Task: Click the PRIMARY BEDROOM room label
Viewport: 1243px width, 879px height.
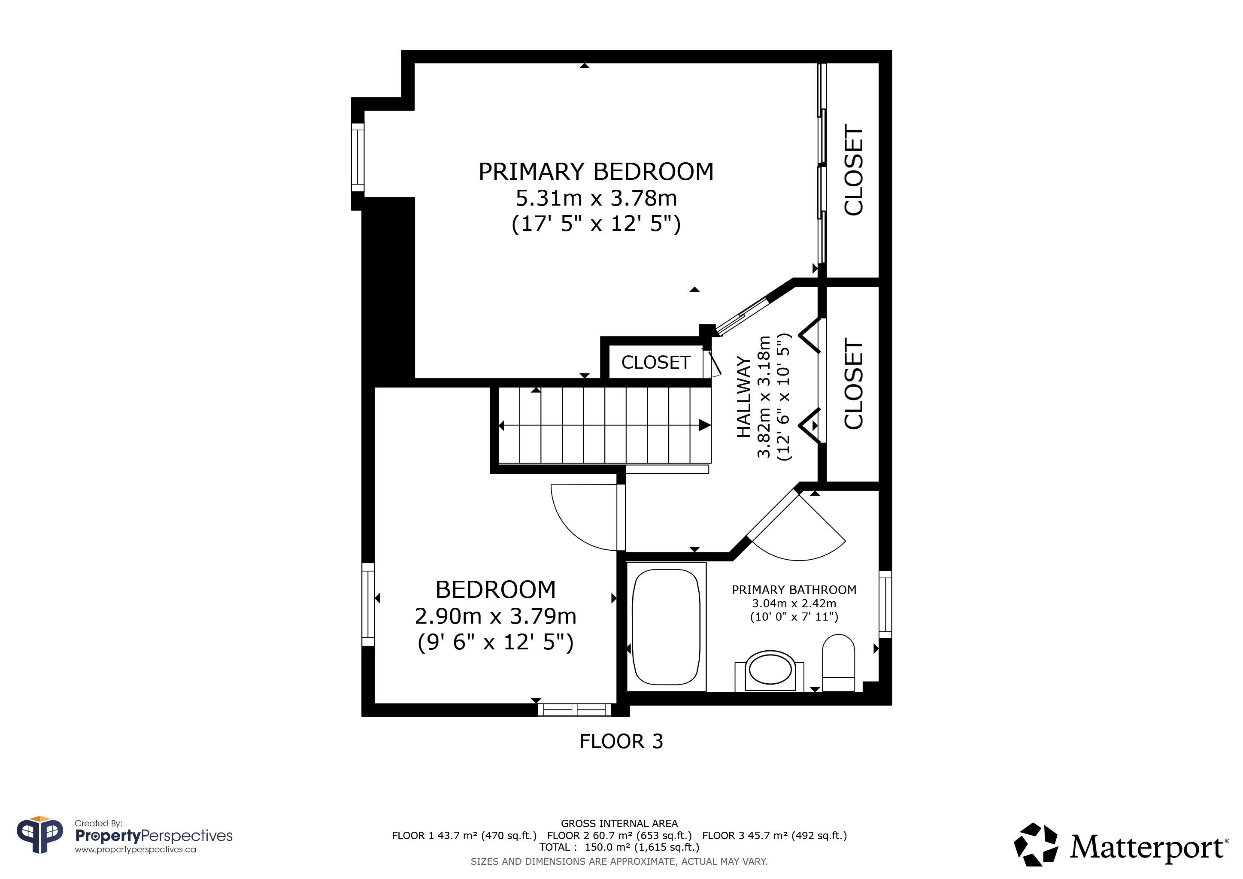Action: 596,172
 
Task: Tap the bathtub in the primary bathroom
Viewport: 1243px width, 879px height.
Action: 667,627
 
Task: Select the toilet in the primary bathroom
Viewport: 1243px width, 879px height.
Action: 839,663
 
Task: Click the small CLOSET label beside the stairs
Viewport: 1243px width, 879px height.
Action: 655,362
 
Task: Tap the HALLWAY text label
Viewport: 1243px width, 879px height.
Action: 744,398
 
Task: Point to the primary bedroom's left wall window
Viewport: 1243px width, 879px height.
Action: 358,157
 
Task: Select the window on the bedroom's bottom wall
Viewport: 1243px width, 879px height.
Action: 574,709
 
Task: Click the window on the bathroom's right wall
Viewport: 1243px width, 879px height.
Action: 885,604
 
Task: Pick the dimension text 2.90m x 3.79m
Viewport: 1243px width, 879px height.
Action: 495,616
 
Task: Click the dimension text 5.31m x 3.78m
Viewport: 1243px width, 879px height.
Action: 596,198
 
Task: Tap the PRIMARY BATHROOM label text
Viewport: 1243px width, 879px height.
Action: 794,589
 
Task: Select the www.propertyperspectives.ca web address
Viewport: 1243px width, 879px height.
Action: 135,850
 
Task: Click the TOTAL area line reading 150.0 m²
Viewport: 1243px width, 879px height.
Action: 619,847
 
